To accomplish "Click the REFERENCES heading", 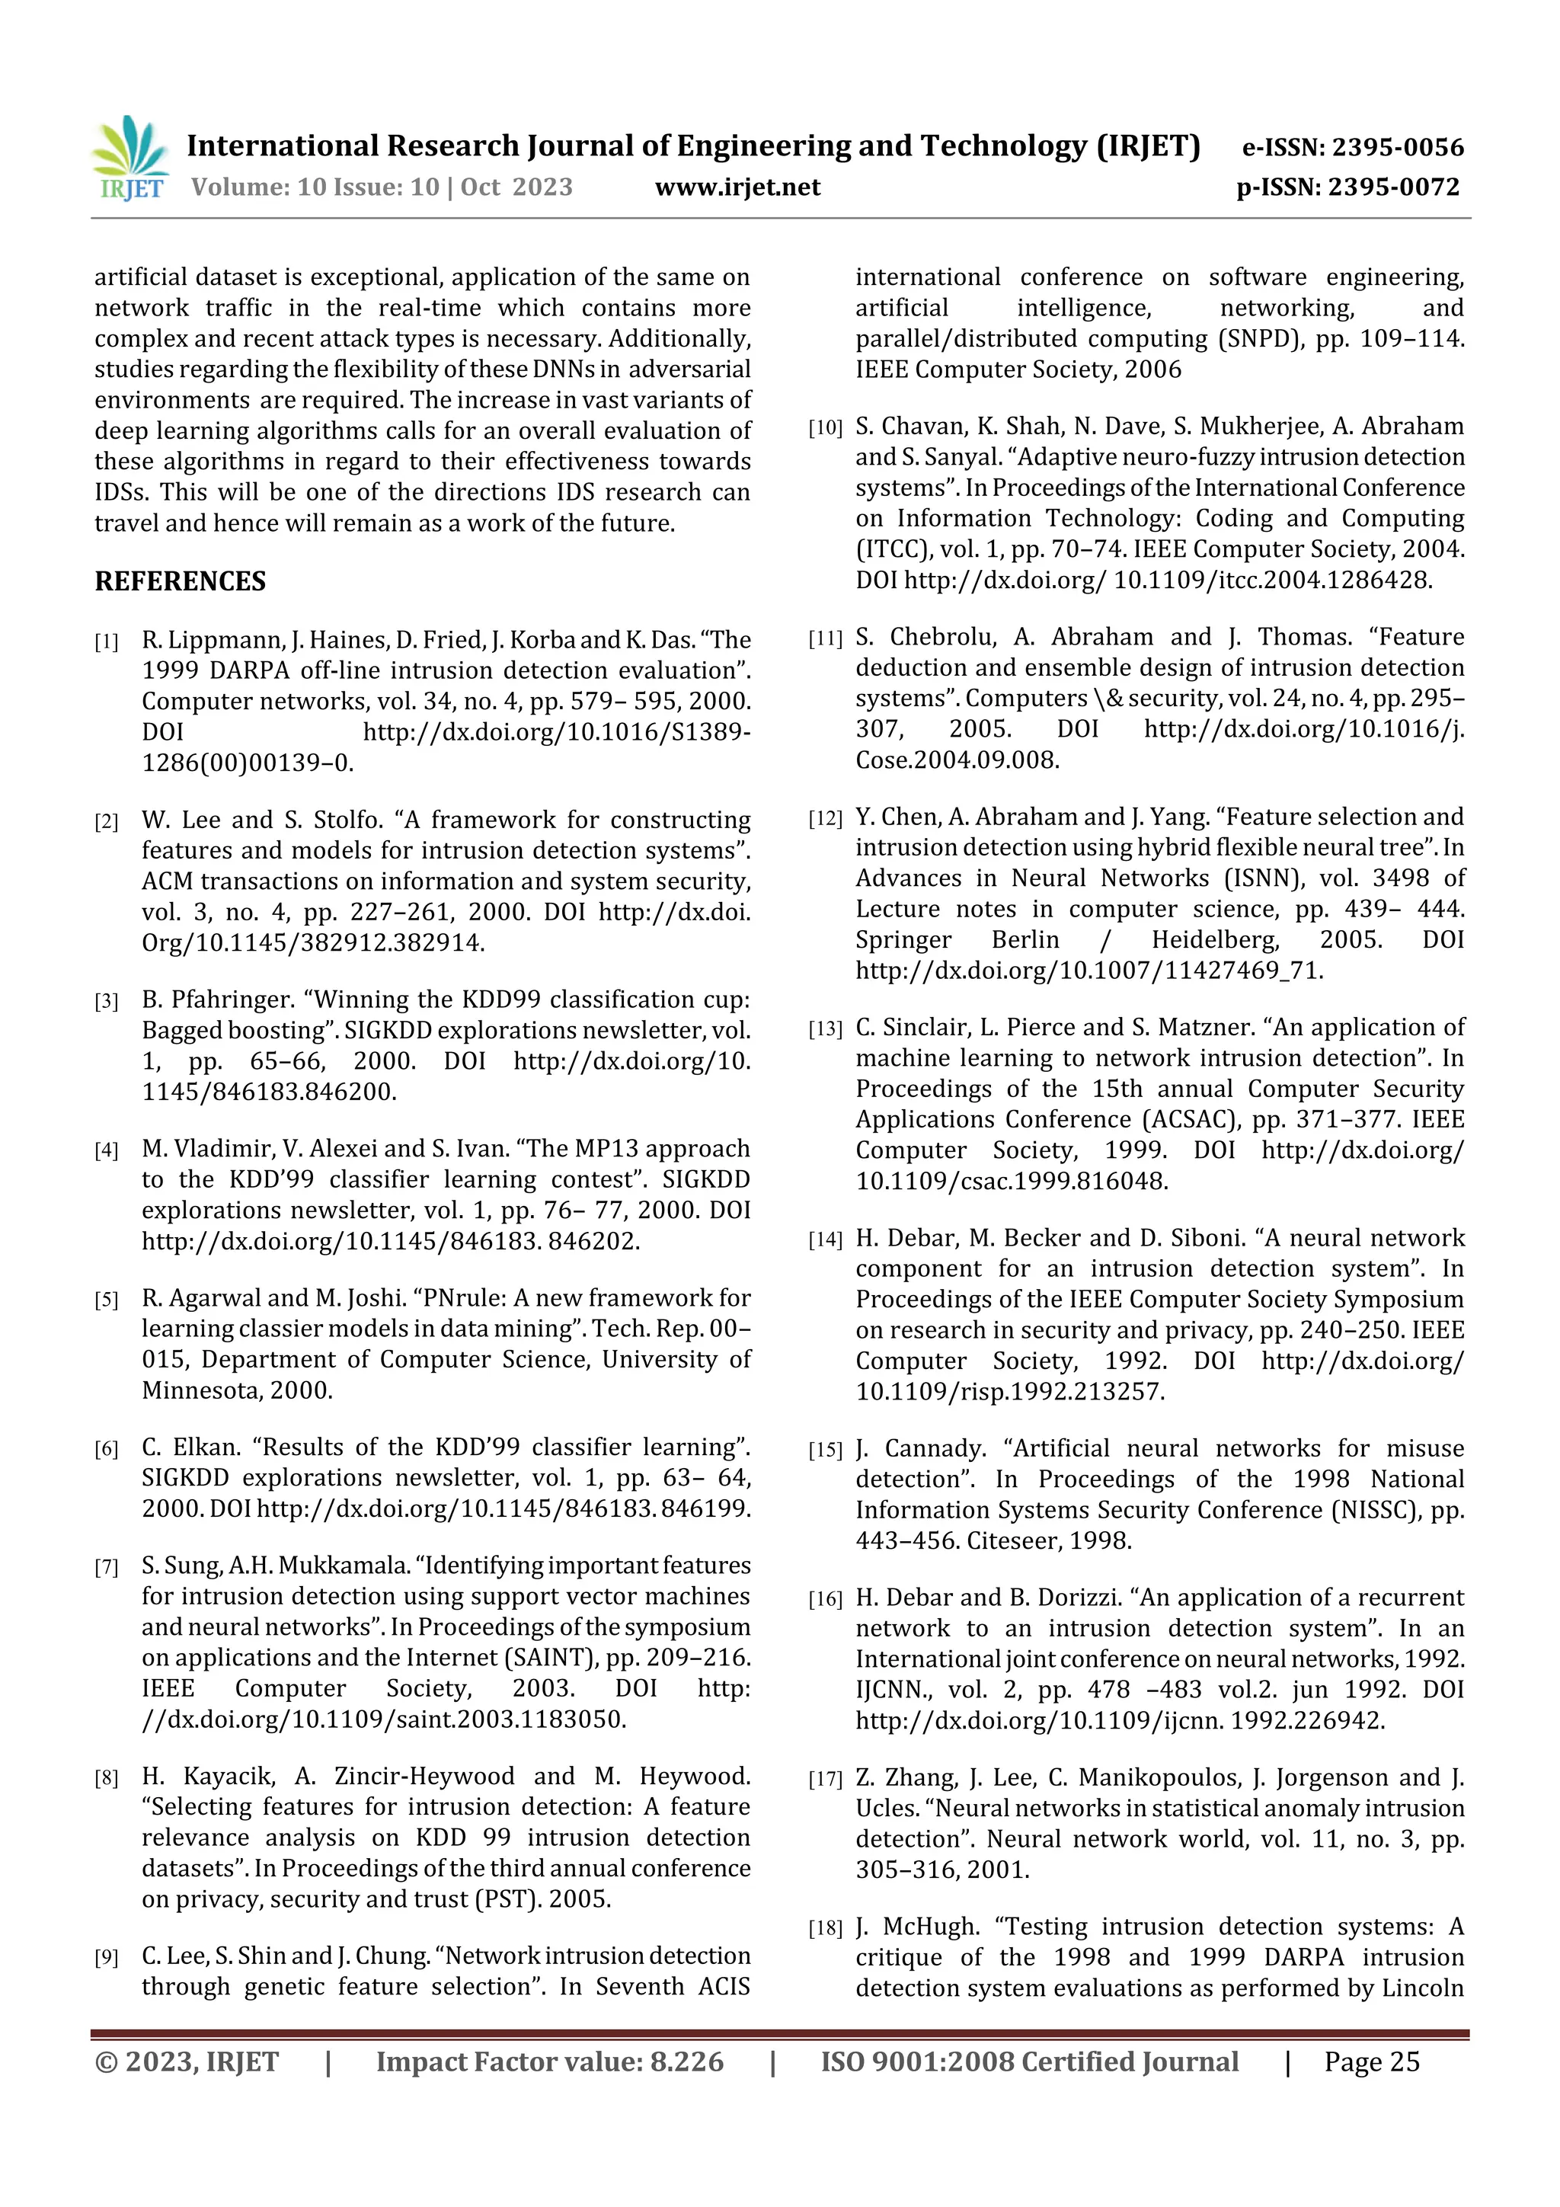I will coord(180,581).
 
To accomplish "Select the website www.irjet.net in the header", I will coord(737,187).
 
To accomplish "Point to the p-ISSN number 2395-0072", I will coord(1394,187).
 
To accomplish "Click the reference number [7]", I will coord(106,1568).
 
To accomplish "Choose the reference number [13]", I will coord(825,1029).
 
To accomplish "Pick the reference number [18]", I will coord(825,1928).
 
